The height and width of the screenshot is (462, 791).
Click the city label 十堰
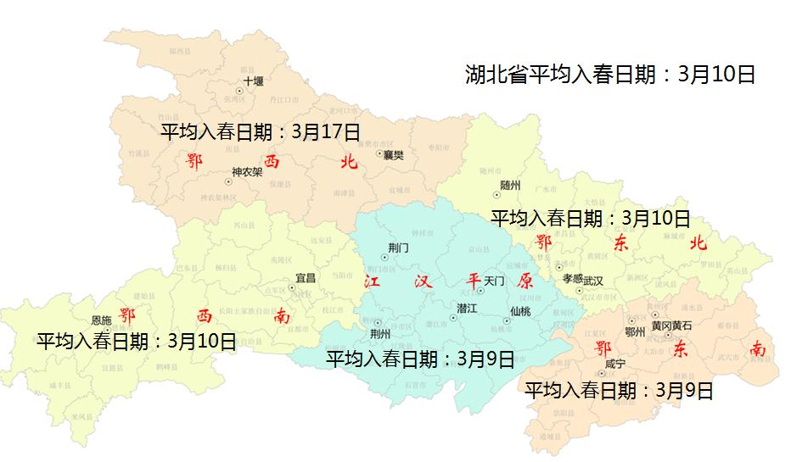pos(254,81)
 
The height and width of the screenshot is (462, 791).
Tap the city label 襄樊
pos(393,155)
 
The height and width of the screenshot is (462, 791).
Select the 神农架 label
pos(247,171)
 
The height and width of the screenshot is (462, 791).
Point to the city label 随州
pos(510,184)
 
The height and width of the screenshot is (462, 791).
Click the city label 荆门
pos(398,248)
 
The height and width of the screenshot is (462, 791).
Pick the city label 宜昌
pos(305,277)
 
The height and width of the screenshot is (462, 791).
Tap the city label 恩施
pos(101,320)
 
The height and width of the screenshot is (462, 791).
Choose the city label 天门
pos(494,280)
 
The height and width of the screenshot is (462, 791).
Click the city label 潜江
pos(466,308)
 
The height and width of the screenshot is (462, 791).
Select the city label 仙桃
pos(520,311)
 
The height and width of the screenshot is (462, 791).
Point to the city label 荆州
pos(382,334)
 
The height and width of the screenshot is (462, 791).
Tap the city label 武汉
pos(593,281)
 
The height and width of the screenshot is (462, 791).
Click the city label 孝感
pos(573,278)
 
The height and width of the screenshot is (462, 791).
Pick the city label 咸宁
pos(615,364)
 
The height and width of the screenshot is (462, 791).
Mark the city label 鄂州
pos(634,332)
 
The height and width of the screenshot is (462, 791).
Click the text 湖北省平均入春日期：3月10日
pos(609,75)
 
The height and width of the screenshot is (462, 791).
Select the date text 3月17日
pos(326,132)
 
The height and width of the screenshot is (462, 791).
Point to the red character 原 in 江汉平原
pos(525,281)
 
